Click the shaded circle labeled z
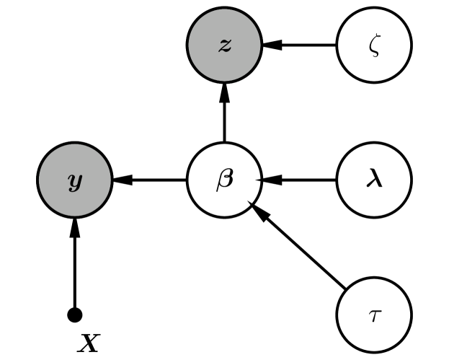tap(224, 45)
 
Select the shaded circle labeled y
tap(74, 180)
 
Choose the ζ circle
tap(374, 45)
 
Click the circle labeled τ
tap(374, 315)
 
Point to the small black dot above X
tap(74, 315)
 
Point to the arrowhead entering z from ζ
tap(271, 45)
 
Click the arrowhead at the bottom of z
tap(224, 91)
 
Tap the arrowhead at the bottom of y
tap(74, 227)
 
